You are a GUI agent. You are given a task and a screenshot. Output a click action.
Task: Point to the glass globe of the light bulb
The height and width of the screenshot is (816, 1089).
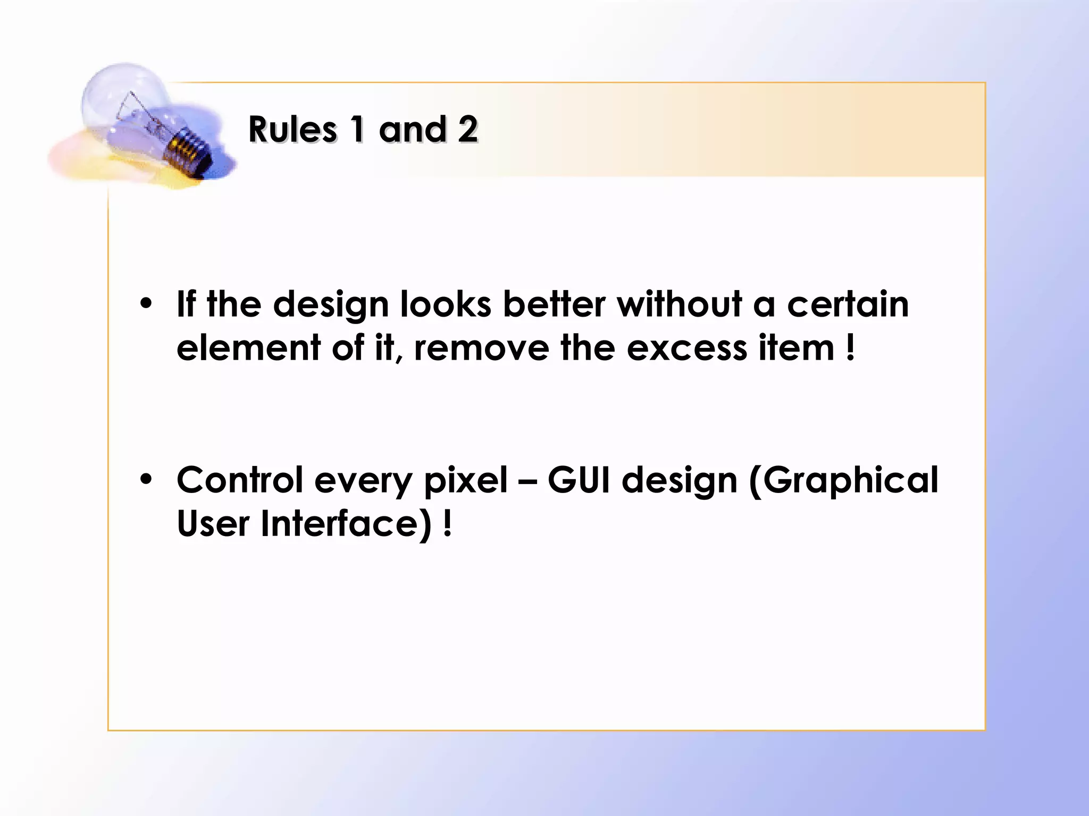point(122,96)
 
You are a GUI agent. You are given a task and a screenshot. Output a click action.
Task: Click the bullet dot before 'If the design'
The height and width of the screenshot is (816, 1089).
point(146,304)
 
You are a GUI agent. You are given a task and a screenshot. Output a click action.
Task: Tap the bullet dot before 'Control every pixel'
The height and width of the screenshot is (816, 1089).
point(146,480)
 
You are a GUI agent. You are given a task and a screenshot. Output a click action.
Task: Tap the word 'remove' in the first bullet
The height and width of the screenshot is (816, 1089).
point(481,349)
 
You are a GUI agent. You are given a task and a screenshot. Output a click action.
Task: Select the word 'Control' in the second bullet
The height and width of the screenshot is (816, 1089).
point(240,480)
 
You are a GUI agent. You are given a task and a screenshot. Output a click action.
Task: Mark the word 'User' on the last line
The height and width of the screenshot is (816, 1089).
point(213,524)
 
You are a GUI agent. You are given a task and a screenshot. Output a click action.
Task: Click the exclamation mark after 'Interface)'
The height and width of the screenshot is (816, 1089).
point(448,524)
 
